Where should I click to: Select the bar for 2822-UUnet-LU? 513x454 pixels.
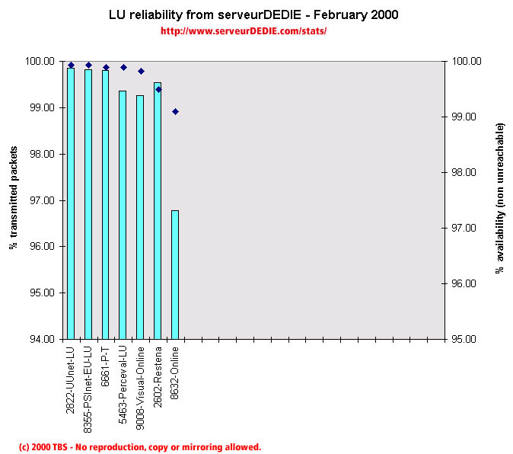(x=71, y=203)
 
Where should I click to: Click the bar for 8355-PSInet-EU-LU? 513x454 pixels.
(x=88, y=203)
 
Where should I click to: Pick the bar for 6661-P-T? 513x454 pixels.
(x=106, y=204)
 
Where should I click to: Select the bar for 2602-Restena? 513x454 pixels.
(x=158, y=209)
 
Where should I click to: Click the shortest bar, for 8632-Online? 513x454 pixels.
(x=175, y=273)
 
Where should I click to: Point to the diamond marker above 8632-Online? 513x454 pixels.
(x=175, y=111)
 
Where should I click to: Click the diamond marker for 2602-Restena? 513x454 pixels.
(x=158, y=89)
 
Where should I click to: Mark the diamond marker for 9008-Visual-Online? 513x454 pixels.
(x=141, y=71)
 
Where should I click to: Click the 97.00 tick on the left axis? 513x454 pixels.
(x=41, y=200)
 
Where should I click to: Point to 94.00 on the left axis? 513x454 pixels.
(x=41, y=339)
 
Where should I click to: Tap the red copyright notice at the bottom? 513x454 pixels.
(x=140, y=447)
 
